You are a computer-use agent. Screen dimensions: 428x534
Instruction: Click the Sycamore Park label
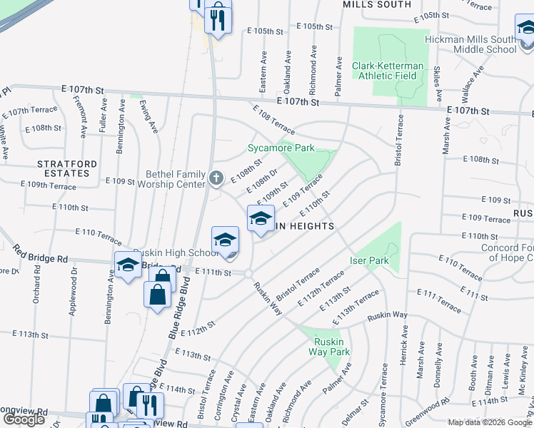click(x=281, y=148)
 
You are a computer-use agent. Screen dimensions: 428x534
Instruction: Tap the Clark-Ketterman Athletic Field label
click(x=388, y=71)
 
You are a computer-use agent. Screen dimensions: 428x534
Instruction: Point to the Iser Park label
click(x=369, y=260)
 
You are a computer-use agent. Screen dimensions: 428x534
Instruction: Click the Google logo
click(x=24, y=419)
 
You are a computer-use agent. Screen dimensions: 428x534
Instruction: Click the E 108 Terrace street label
click(x=273, y=119)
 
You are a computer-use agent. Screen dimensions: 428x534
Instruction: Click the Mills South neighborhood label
click(x=377, y=4)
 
